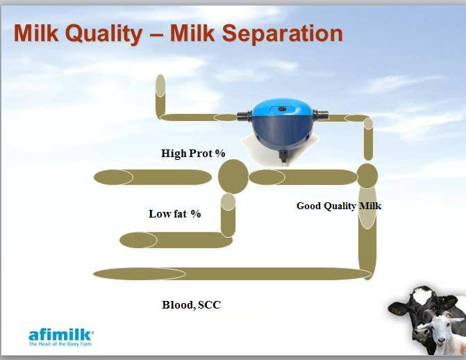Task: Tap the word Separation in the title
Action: point(283,33)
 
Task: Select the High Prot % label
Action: point(193,154)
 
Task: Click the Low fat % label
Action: point(175,213)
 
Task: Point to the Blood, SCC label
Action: point(192,305)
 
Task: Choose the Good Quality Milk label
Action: point(339,206)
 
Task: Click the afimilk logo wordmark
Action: point(61,335)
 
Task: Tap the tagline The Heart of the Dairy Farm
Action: point(60,344)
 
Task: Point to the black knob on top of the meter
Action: point(282,109)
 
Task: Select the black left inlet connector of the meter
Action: point(244,116)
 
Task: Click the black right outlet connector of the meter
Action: point(321,115)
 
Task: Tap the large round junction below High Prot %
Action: point(233,177)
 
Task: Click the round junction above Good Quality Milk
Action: point(367,176)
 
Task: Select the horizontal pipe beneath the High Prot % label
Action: point(153,177)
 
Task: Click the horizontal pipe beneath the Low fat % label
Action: point(176,240)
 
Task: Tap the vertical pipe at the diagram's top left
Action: point(160,96)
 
